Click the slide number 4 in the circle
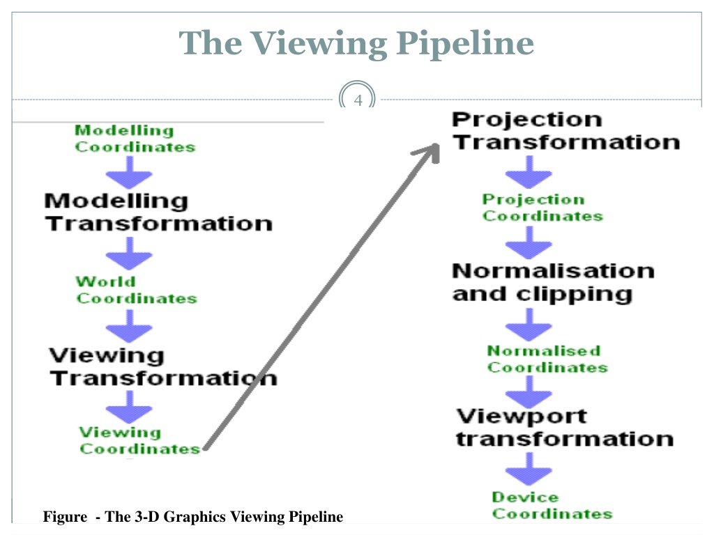(358, 100)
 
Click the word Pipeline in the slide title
(465, 44)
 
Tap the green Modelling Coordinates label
(135, 139)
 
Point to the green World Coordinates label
(136, 290)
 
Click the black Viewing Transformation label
(163, 366)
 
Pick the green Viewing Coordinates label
(139, 440)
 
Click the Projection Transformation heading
(565, 131)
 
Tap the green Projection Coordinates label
(542, 208)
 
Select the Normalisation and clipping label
(553, 283)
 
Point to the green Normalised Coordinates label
(547, 359)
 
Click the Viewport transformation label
(565, 428)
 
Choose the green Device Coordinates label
(552, 506)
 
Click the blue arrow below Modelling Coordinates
(129, 173)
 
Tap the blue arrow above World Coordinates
(129, 254)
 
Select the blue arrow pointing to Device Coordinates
(529, 470)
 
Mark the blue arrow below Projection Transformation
(529, 173)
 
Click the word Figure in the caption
(65, 518)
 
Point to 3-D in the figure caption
(147, 517)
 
